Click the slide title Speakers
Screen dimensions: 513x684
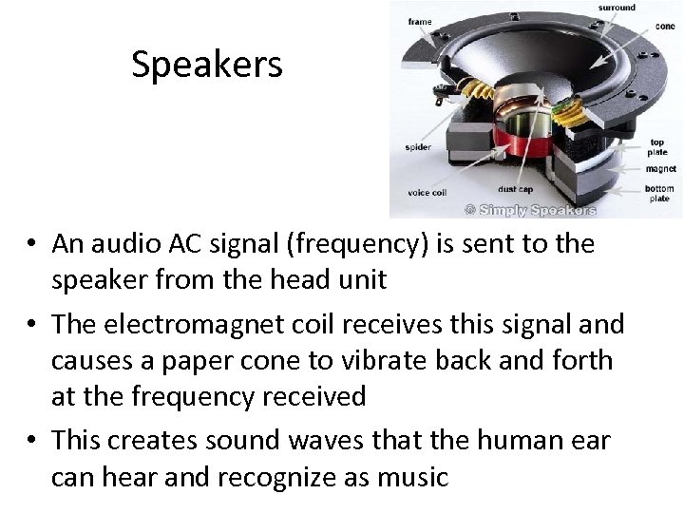coord(207,66)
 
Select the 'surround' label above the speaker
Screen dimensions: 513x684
coord(617,8)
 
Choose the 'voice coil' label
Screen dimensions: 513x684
coord(426,193)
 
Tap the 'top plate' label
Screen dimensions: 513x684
coord(656,146)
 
